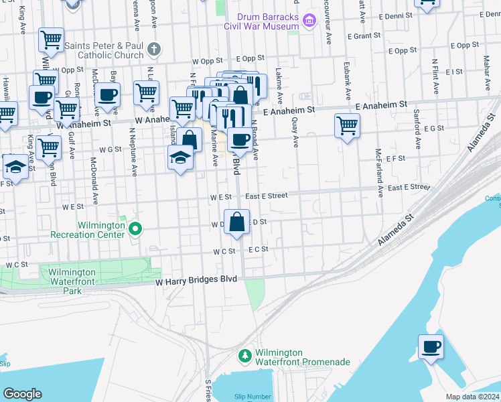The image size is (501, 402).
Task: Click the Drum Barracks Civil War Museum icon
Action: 309,21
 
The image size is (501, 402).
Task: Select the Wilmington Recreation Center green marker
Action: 135,230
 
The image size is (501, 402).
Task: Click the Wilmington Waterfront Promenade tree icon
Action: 246,354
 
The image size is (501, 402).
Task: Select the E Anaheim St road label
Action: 381,105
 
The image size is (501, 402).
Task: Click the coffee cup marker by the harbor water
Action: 431,347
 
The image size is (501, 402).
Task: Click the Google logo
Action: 22,394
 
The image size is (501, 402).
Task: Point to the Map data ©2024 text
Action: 472,397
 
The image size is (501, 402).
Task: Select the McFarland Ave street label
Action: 379,173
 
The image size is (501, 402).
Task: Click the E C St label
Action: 258,249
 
